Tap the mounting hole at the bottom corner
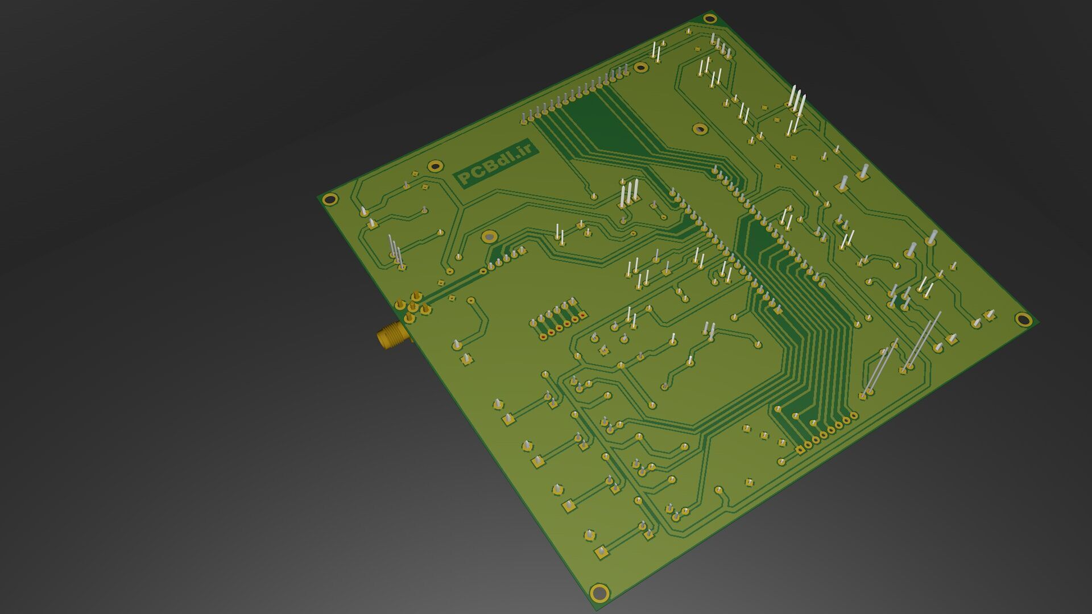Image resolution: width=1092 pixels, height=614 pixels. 599,592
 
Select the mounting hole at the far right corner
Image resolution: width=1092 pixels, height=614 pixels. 1023,319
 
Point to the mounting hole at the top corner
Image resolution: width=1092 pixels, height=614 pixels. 709,18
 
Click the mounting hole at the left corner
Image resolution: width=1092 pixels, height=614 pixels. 329,199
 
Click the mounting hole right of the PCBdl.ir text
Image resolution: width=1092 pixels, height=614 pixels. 435,166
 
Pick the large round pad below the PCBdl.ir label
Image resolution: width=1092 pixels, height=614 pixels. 489,236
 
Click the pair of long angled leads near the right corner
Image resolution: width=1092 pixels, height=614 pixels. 904,352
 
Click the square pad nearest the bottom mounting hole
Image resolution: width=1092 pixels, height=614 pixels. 601,551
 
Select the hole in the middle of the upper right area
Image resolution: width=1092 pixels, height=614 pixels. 700,129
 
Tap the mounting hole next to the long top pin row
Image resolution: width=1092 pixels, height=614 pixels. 641,68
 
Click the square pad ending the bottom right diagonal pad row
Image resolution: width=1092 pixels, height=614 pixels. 801,450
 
